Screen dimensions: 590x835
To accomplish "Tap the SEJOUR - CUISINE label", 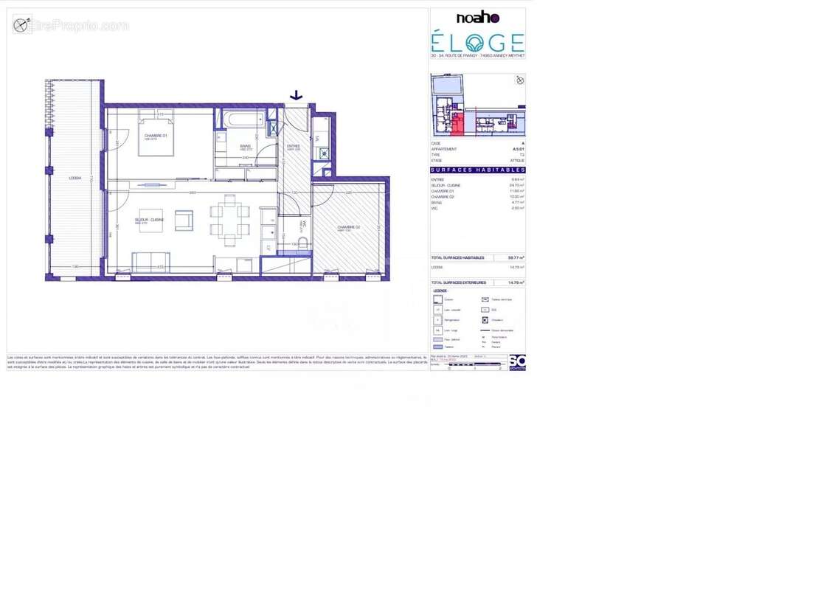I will tap(148, 220).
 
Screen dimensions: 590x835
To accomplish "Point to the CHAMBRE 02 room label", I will tap(349, 227).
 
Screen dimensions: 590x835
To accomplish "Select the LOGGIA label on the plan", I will tap(75, 178).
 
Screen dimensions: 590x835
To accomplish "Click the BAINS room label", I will tap(245, 146).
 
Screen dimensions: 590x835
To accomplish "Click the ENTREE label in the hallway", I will tap(293, 146).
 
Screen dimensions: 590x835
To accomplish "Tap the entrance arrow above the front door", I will tap(296, 95).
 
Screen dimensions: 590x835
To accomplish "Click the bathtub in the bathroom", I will tap(243, 119).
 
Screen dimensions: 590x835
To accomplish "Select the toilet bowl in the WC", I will tap(302, 243).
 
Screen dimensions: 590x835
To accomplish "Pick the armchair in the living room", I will tap(184, 220).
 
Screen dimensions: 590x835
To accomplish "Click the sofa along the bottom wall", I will tap(150, 262).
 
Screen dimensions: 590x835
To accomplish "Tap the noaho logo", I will tap(477, 18).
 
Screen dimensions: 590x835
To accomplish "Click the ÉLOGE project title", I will tap(477, 42).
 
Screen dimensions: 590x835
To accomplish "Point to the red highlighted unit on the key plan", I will tap(458, 125).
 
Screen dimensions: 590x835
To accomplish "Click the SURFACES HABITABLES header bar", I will tap(477, 170).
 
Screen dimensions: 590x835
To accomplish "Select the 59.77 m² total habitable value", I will tap(516, 257).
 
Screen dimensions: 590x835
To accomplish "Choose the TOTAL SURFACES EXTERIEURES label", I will tap(459, 282).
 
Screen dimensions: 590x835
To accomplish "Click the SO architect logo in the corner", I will tap(517, 362).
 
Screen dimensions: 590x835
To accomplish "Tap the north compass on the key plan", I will tap(519, 80).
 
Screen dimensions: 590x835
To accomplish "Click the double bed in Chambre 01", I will tap(156, 134).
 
